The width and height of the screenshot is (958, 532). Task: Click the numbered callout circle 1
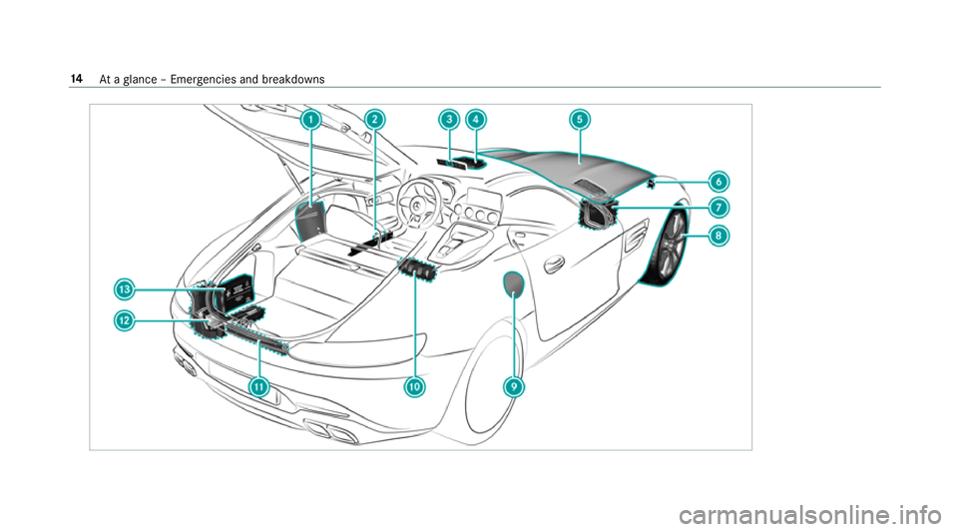pos(312,120)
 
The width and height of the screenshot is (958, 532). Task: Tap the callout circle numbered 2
pos(373,120)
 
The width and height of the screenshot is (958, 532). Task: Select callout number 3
pos(450,120)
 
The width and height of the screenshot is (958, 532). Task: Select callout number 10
pos(414,386)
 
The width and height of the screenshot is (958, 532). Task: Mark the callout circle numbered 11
pos(260,386)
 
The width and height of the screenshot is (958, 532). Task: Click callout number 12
pos(125,320)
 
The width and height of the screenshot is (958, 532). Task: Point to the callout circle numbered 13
pos(125,288)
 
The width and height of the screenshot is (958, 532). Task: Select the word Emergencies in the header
pos(168,80)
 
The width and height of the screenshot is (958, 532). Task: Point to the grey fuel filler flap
pos(513,284)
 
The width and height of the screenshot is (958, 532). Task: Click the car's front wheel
pos(668,248)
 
